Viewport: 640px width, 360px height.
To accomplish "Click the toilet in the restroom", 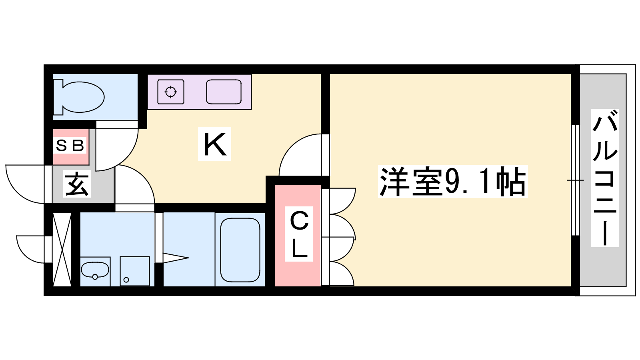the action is point(78,97).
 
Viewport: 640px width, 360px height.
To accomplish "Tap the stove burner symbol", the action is point(170,92).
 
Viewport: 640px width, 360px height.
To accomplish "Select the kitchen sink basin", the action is point(224,92).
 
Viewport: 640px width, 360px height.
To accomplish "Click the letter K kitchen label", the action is point(214,144).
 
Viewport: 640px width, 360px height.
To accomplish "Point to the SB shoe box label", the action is point(70,146).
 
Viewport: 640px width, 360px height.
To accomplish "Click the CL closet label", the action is point(299,234).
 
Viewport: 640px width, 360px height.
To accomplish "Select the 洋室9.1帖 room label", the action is point(452,181).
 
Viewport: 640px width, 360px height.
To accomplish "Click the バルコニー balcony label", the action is point(605,178).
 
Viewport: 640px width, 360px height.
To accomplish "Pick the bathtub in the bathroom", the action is point(240,250).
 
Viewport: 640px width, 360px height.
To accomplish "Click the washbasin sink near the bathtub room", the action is point(95,270).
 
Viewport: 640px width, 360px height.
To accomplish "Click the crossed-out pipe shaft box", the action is point(62,250).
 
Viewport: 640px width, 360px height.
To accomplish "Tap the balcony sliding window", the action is point(575,180).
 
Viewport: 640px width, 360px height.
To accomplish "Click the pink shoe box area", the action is point(71,147).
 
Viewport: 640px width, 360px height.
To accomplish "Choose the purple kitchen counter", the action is point(200,92).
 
